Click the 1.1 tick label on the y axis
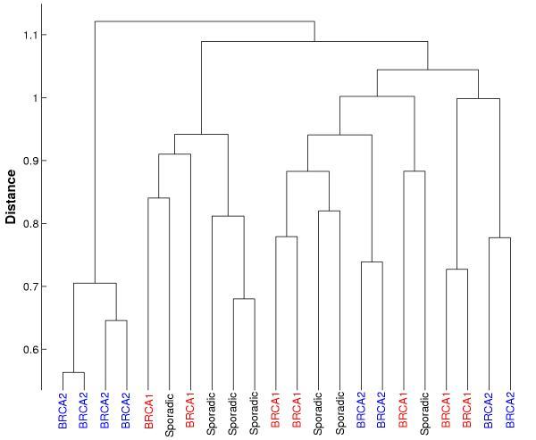(27, 35)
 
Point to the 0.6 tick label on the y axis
(27, 350)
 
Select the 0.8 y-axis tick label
(27, 224)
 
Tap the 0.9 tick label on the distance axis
(27, 162)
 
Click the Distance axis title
(12, 195)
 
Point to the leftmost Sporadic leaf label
(169, 414)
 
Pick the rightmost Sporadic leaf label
(425, 414)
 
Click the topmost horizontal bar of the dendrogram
(205, 21)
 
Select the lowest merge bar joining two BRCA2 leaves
(73, 373)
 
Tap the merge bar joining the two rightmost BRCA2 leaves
(500, 237)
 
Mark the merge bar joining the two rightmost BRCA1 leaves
(457, 270)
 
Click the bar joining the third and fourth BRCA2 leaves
(116, 320)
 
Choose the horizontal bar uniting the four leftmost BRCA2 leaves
(95, 283)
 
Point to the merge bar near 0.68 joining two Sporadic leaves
(244, 299)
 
